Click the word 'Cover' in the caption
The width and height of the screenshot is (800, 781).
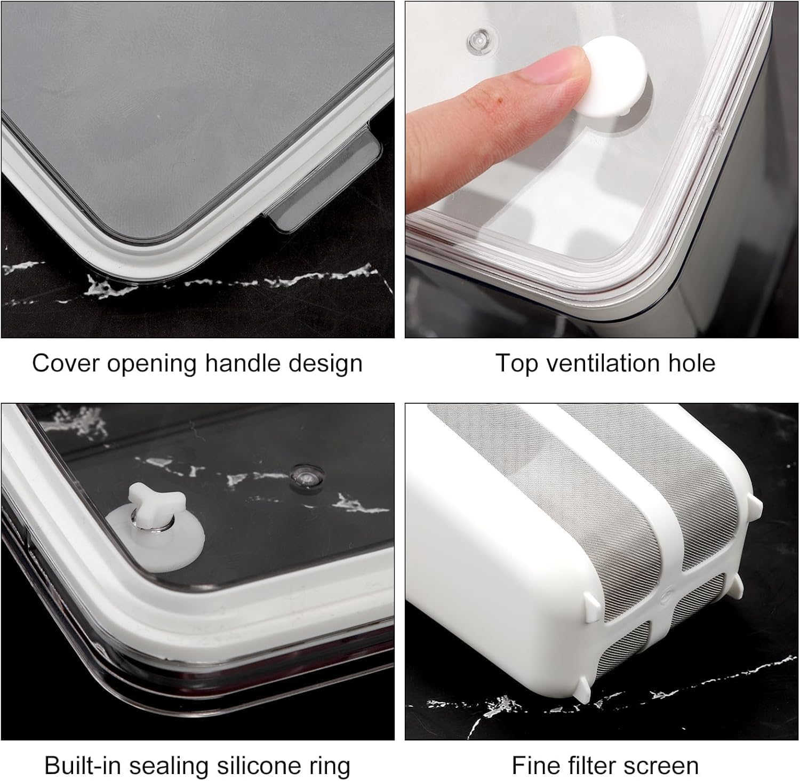(x=65, y=363)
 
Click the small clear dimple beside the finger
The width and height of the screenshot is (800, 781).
(x=478, y=38)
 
